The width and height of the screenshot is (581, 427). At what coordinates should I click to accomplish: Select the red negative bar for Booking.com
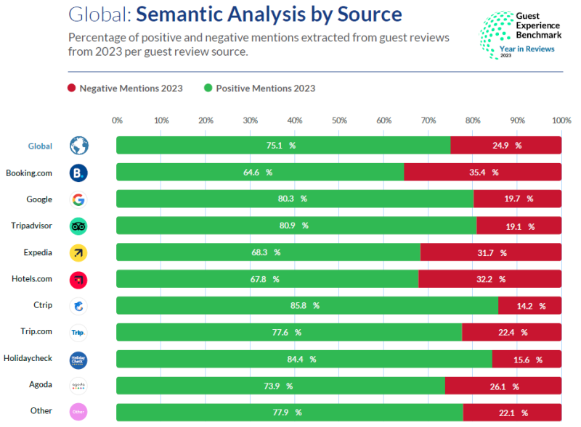coord(482,173)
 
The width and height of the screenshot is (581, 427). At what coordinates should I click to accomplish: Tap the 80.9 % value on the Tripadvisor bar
coord(294,226)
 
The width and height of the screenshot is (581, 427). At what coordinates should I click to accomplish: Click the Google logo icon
coord(78,199)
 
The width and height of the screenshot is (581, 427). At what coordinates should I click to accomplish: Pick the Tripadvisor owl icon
coord(78,226)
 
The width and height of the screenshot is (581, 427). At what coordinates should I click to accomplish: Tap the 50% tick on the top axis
coord(339,120)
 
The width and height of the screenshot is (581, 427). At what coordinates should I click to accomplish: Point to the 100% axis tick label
coord(561,120)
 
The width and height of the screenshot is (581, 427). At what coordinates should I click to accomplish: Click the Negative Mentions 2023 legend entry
coord(125,88)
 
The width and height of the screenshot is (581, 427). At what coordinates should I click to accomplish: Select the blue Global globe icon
coord(78,146)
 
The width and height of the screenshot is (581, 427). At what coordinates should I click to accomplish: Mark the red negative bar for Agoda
coord(503,386)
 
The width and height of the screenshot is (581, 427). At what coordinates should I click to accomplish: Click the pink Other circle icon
coord(78,413)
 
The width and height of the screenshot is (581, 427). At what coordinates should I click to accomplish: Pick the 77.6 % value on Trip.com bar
coord(288,333)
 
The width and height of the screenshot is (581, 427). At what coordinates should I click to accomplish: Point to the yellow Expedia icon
coord(78,253)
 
